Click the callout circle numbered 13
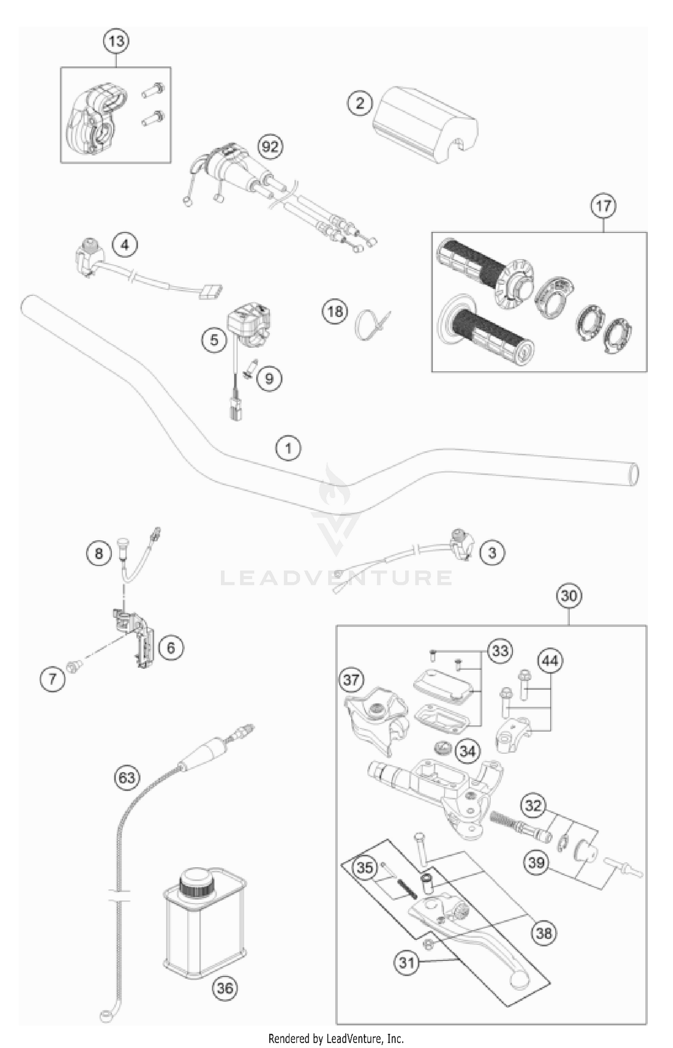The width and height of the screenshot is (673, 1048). (x=116, y=41)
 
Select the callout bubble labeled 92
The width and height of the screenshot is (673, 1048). (x=270, y=146)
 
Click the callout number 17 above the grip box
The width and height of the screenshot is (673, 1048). (x=603, y=206)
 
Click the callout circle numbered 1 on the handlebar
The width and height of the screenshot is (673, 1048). (x=288, y=448)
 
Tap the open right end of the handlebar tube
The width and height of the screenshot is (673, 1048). (x=633, y=474)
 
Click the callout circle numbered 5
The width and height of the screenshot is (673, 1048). (x=214, y=340)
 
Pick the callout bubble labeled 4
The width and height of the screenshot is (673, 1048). (x=125, y=245)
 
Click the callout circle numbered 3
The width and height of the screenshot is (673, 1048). (x=492, y=552)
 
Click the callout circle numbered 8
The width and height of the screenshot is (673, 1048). (x=99, y=553)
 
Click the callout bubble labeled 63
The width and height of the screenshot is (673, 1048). (x=127, y=777)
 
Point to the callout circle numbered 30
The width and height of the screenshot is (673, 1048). (x=569, y=596)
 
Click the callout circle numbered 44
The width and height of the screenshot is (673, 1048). (x=551, y=661)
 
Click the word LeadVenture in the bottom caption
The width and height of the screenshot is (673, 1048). (x=355, y=1039)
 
